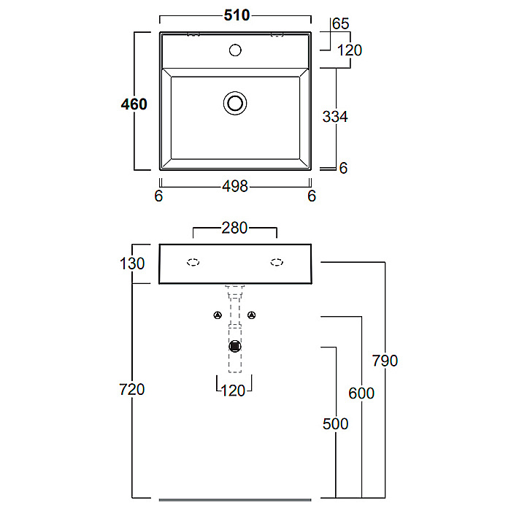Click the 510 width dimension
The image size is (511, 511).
tap(237, 15)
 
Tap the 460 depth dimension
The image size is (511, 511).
tap(134, 104)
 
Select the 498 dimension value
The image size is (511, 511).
tap(235, 186)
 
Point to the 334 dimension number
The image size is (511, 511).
tap(335, 117)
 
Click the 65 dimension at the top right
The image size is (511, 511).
tap(341, 24)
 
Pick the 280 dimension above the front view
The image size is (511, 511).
tap(234, 228)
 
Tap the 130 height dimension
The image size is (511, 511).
tap(132, 264)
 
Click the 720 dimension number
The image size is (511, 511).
tap(131, 389)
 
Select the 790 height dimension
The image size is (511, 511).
tap(385, 361)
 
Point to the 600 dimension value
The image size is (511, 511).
tap(361, 393)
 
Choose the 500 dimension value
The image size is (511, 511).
tap(335, 424)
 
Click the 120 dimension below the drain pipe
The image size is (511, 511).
tap(233, 391)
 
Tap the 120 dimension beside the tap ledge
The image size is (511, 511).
tap(350, 50)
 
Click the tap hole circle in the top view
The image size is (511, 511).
tap(235, 50)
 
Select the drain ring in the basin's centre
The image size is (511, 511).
tap(235, 104)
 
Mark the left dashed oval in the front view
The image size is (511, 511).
tap(193, 262)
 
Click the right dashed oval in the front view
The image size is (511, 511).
tap(277, 262)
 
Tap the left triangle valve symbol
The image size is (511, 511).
tap(218, 315)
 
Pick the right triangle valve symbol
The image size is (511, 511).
tap(252, 315)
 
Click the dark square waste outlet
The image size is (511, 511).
tap(235, 346)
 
